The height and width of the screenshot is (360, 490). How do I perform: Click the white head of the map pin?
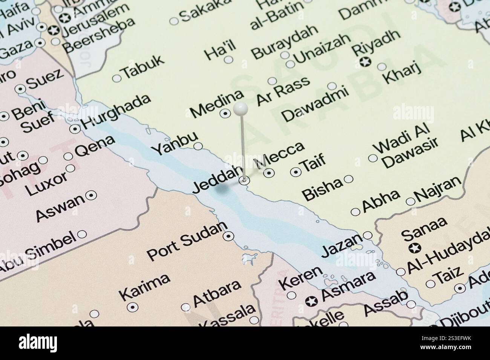(x=240, y=109)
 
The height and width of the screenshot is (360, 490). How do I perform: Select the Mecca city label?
(x=280, y=155)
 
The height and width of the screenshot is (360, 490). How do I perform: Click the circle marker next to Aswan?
(x=91, y=195)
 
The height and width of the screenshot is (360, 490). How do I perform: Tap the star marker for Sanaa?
(x=415, y=248)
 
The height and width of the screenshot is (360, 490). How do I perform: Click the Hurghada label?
(x=115, y=111)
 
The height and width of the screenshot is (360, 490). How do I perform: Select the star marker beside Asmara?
(x=312, y=301)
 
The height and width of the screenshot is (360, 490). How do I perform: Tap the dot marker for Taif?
(x=296, y=172)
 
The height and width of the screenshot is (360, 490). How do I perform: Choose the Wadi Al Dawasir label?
(x=407, y=149)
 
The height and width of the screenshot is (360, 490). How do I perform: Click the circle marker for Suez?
(x=20, y=89)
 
